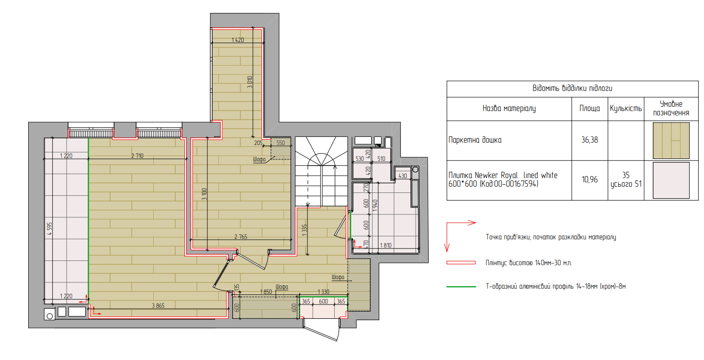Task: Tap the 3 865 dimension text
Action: [x=158, y=305]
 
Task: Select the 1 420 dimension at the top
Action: [x=238, y=40]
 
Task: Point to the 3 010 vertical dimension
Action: [x=250, y=82]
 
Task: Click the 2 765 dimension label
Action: [x=241, y=237]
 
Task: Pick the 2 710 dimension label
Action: [x=137, y=156]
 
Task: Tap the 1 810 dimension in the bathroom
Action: [x=386, y=245]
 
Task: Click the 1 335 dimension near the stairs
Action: [x=304, y=230]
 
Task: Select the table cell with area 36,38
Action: [x=590, y=140]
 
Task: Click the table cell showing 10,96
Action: [x=590, y=180]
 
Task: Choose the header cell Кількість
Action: [x=626, y=109]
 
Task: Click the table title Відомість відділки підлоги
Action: [x=572, y=88]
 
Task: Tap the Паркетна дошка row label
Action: [x=475, y=140]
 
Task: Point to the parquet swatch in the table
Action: [x=671, y=140]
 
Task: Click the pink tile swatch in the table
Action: [x=671, y=180]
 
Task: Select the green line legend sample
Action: [x=461, y=286]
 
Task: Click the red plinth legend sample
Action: [x=461, y=263]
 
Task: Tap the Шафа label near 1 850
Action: [x=282, y=287]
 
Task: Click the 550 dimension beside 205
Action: [x=281, y=143]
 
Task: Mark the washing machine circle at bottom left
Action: [x=50, y=315]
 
